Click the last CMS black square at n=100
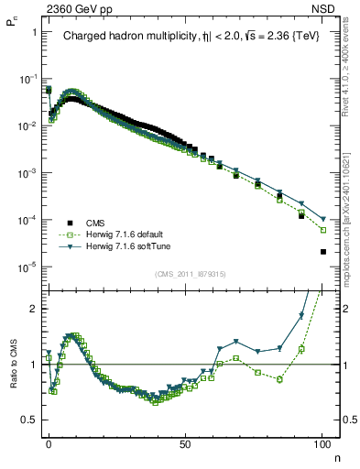point(322,252)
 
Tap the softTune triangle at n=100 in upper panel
point(322,219)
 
